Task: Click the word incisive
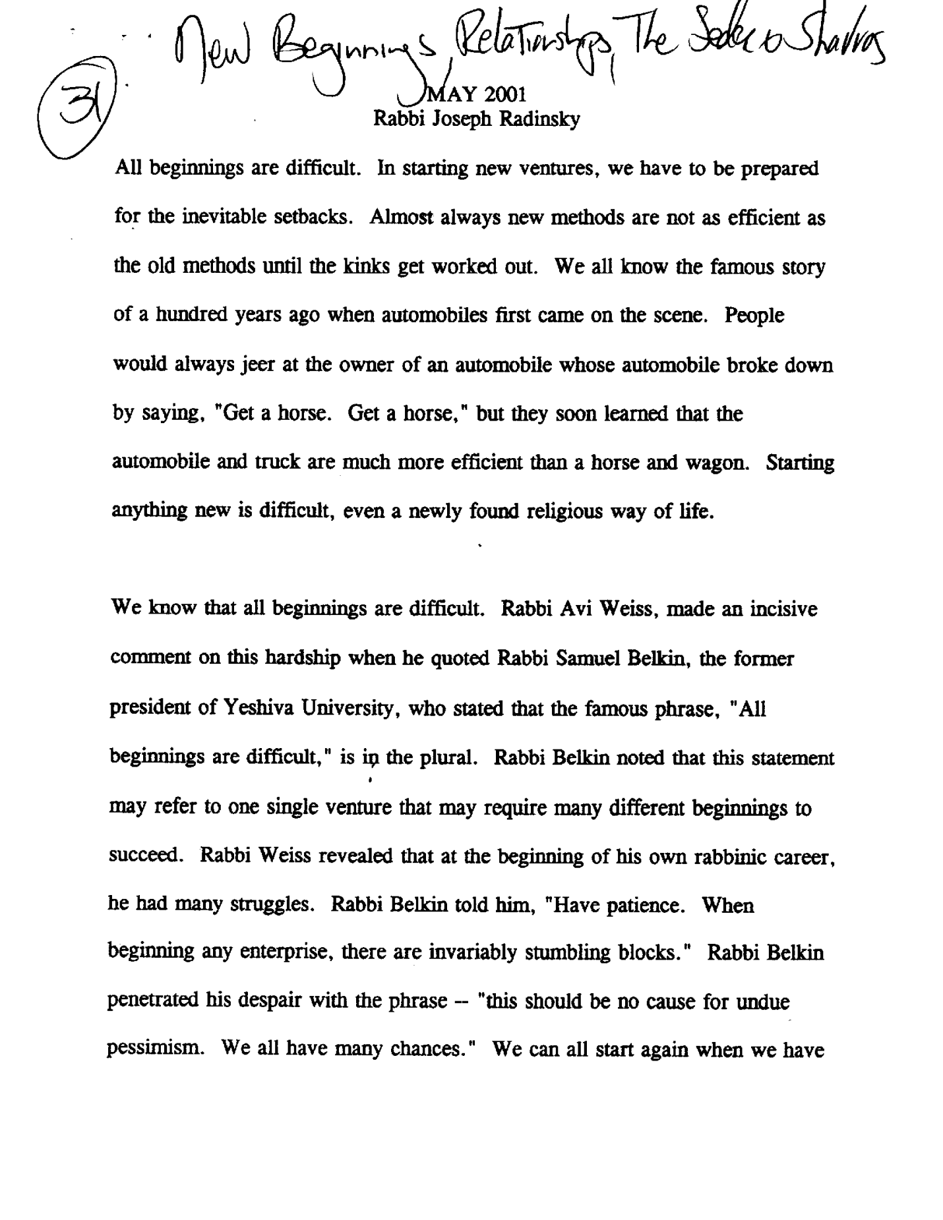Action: click(x=783, y=609)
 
